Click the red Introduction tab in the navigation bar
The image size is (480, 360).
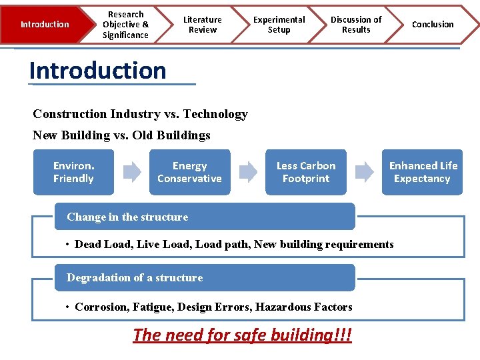click(x=44, y=25)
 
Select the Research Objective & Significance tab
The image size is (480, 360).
click(x=125, y=25)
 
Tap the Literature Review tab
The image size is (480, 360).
click(x=203, y=25)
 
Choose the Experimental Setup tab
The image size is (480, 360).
click(x=279, y=25)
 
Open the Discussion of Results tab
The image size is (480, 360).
click(x=356, y=25)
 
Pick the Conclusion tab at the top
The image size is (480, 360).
click(x=433, y=25)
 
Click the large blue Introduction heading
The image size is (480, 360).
click(x=98, y=71)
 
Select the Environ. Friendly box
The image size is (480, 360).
click(x=73, y=172)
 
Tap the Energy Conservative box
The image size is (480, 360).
click(x=189, y=172)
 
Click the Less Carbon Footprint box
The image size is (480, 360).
click(x=306, y=172)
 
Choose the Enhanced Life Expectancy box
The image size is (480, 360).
click(x=423, y=172)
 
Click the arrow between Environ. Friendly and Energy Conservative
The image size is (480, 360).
click(x=132, y=172)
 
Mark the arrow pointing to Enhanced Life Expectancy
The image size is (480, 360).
click(x=365, y=172)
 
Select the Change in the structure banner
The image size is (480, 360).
click(x=204, y=217)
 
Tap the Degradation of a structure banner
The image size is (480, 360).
click(x=204, y=277)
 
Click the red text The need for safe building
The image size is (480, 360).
click(x=242, y=335)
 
